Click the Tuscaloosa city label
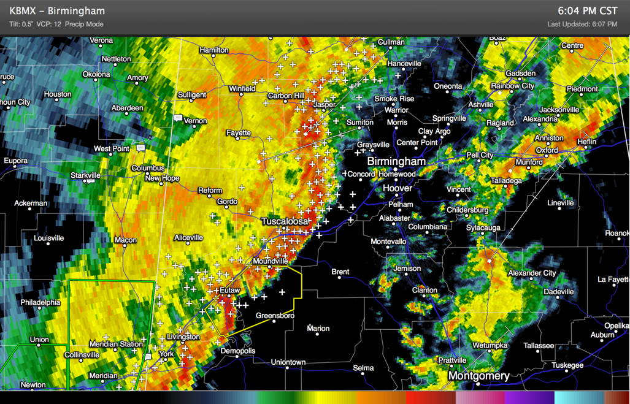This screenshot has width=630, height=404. [285, 221]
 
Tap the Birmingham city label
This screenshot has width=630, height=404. [396, 161]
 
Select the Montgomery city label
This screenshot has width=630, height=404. [478, 376]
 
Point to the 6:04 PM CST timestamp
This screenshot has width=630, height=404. [588, 11]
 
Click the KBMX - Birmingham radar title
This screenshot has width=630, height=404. [57, 11]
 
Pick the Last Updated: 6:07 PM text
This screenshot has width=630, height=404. [582, 25]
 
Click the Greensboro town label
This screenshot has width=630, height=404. [275, 316]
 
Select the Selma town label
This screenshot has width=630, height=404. [363, 368]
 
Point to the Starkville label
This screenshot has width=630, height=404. [85, 175]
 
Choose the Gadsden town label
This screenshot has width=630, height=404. [520, 73]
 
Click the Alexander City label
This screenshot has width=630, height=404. [532, 273]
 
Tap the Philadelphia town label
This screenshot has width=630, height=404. [40, 302]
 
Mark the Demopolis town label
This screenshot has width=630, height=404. [237, 351]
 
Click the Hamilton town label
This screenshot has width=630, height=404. [214, 50]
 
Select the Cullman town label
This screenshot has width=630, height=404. [391, 42]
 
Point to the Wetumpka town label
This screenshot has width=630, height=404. [490, 345]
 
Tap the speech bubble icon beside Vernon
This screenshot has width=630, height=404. [179, 118]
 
